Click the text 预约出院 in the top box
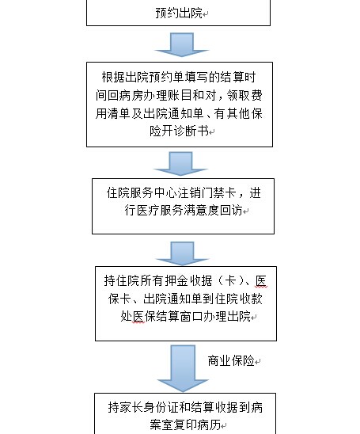(179, 13)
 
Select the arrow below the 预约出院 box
(181, 45)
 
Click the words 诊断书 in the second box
(191, 131)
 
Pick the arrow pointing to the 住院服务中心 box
(181, 164)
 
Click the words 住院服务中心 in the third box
(142, 193)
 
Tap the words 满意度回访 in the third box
(213, 211)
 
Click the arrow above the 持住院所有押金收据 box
(183, 253)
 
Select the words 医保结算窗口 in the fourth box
(168, 316)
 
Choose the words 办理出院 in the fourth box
(227, 316)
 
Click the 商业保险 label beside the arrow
(231, 360)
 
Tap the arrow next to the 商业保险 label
(183, 368)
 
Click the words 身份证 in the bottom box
(161, 407)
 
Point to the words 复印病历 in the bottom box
(197, 424)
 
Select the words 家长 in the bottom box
(131, 407)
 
